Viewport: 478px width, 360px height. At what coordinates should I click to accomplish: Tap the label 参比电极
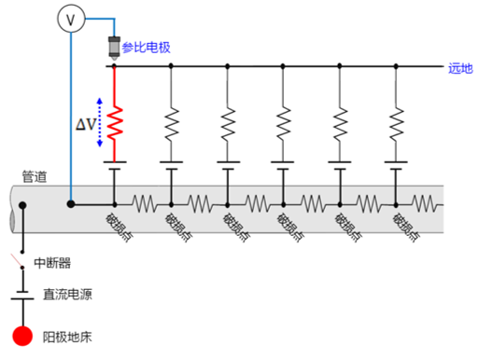pos(148,46)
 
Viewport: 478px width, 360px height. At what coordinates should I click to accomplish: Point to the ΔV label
pos(86,126)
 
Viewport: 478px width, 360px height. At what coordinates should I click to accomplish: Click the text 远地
pos(460,68)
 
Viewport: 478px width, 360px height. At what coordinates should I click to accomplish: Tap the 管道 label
pos(35,175)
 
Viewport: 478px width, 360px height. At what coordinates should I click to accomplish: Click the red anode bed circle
pos(22,336)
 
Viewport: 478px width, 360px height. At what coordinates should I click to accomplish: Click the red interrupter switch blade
pos(17,259)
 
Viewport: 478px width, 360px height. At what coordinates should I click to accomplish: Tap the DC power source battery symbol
pos(22,296)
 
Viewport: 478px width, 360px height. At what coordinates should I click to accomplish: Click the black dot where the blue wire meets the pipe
pos(71,202)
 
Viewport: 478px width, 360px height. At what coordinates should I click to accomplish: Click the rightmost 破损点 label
pos(405,227)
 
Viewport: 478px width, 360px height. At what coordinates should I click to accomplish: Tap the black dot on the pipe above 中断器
pos(22,205)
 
